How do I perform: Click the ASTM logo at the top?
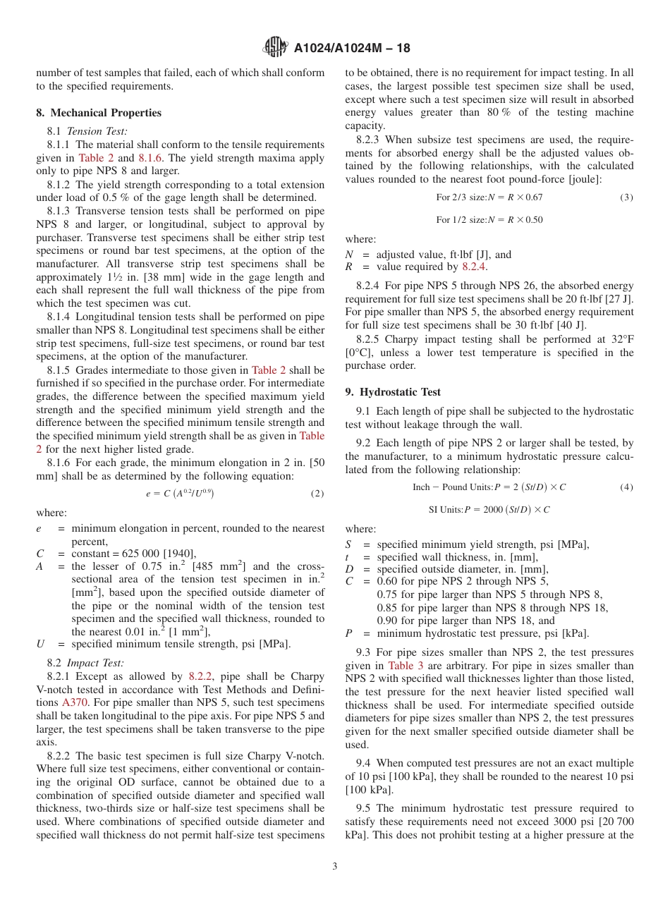(x=275, y=47)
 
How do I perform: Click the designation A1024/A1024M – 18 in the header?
(x=352, y=48)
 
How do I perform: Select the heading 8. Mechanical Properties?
(x=99, y=113)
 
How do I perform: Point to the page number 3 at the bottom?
(x=335, y=867)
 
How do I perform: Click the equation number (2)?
(x=317, y=494)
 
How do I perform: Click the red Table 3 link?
(x=406, y=666)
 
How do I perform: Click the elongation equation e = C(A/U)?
(x=180, y=494)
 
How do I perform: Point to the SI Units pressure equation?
(x=489, y=509)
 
